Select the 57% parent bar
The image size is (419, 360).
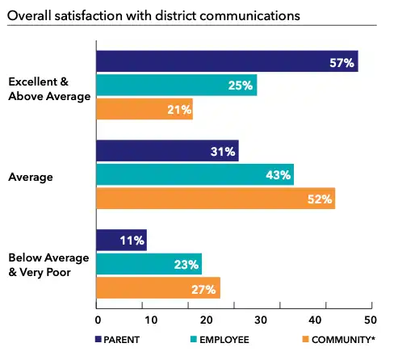(227, 62)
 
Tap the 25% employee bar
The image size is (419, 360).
(176, 86)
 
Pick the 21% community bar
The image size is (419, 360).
(145, 109)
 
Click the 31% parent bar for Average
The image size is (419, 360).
(167, 152)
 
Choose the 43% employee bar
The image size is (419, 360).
(195, 175)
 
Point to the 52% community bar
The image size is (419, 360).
(216, 199)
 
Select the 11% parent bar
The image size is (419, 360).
(121, 241)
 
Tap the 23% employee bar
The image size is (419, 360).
(149, 264)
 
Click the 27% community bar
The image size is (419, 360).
(158, 287)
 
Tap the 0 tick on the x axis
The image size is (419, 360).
(97, 307)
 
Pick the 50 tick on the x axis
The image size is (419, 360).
(371, 307)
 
